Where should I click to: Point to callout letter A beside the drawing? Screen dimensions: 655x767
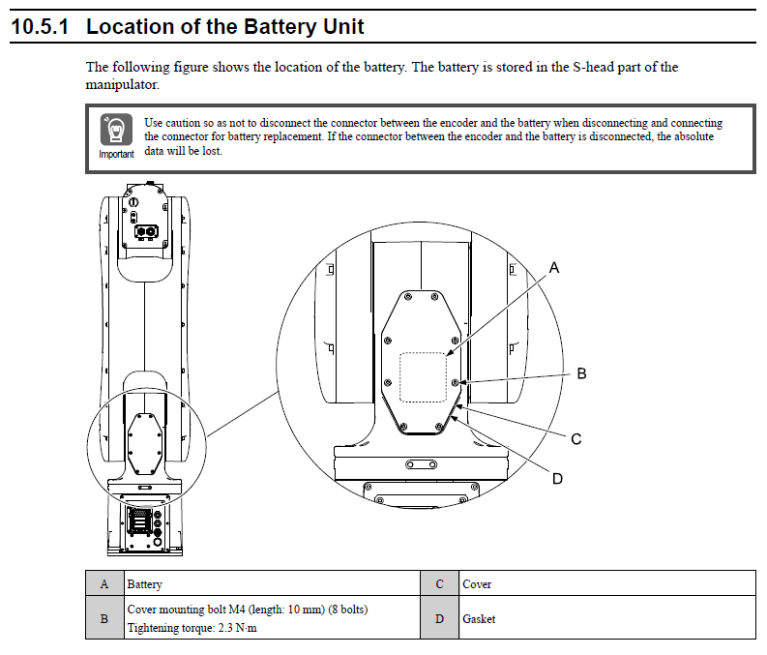click(554, 267)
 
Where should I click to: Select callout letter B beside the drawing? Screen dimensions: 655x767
click(581, 372)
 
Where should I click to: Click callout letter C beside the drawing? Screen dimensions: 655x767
click(576, 438)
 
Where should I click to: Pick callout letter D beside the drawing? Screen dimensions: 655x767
click(557, 478)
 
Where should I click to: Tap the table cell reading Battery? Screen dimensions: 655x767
click(145, 584)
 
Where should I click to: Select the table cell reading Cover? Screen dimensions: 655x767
click(477, 584)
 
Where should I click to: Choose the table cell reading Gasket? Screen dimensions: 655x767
click(479, 618)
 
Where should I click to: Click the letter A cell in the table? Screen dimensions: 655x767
click(104, 584)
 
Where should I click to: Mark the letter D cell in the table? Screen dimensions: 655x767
click(439, 618)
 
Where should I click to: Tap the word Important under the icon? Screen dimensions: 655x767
click(116, 155)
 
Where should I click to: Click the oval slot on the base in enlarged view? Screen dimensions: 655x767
click(422, 465)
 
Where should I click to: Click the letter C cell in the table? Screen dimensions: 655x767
click(439, 584)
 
